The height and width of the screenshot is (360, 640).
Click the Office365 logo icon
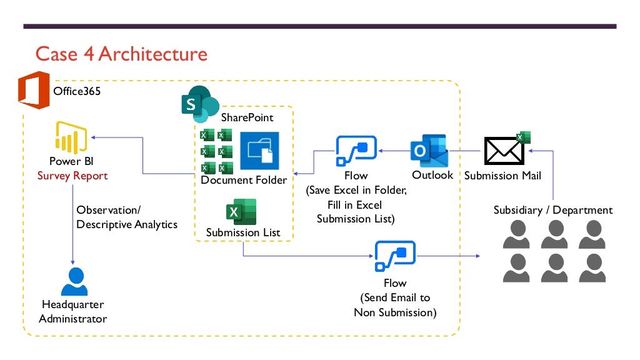pyautogui.click(x=34, y=91)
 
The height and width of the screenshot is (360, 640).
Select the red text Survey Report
pyautogui.click(x=72, y=176)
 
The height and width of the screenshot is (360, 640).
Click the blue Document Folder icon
pyautogui.click(x=259, y=151)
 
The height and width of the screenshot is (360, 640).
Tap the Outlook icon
pyautogui.click(x=429, y=151)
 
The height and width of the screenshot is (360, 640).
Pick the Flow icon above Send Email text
pyautogui.click(x=395, y=256)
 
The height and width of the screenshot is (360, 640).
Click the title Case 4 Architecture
pyautogui.click(x=121, y=54)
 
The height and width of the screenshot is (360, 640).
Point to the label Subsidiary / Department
pyautogui.click(x=552, y=210)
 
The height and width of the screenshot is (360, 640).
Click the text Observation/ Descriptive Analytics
pyautogui.click(x=126, y=217)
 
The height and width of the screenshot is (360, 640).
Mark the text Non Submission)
pyautogui.click(x=395, y=312)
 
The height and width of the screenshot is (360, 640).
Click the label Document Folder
pyautogui.click(x=244, y=180)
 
